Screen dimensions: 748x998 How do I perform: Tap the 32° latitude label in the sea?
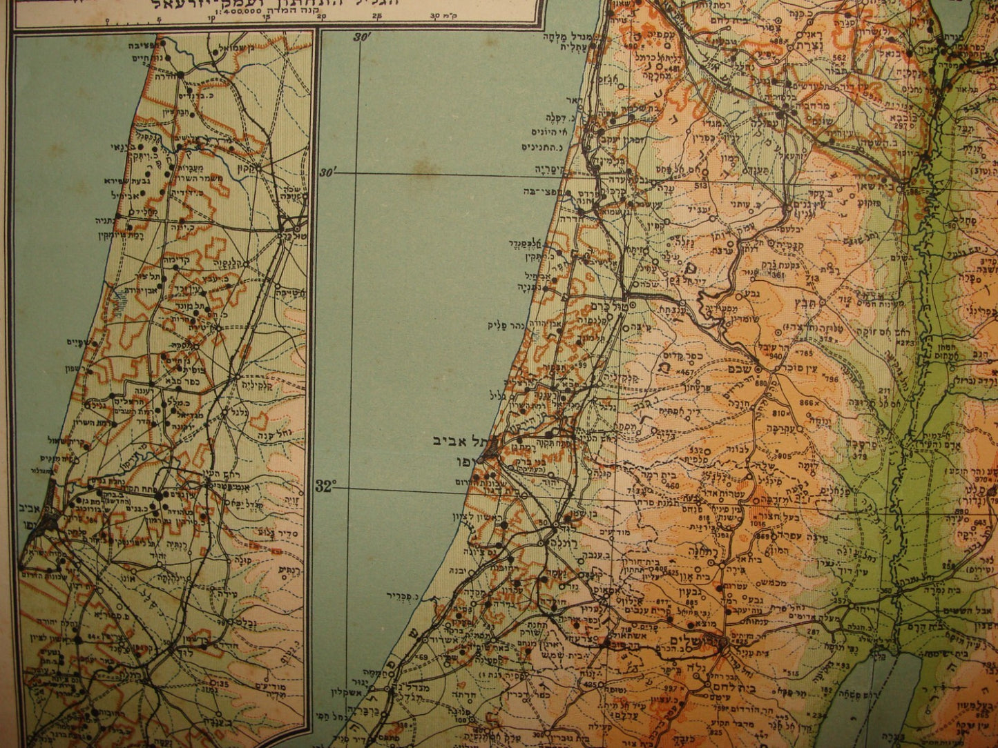coord(324,486)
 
